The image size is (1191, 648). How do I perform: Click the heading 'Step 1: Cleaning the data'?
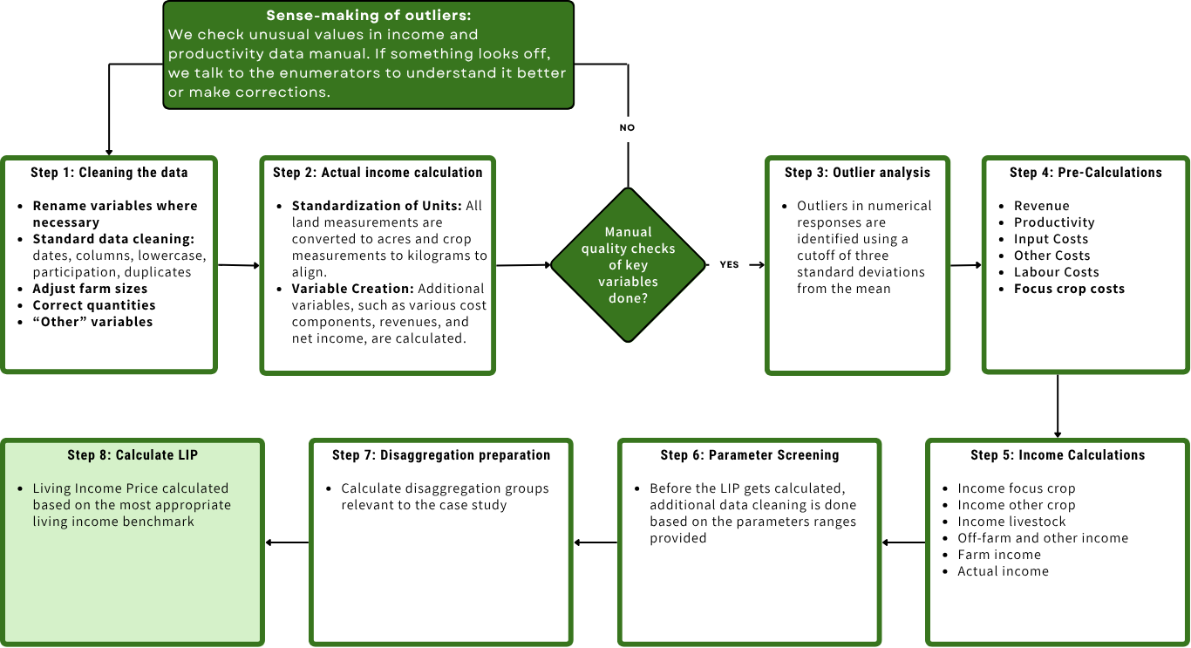tap(109, 173)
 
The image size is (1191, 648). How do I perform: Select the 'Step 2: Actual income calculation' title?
tap(378, 173)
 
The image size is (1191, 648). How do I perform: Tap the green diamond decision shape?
tap(628, 265)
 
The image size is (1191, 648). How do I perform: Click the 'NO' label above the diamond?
tap(628, 127)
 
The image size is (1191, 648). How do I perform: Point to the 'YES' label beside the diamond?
tap(730, 264)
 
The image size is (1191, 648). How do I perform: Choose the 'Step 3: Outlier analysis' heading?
tap(857, 173)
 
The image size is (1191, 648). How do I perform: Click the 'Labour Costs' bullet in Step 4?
tap(1056, 272)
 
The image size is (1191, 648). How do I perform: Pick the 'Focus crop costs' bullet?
tap(1069, 289)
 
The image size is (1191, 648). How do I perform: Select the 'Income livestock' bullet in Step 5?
tap(1011, 522)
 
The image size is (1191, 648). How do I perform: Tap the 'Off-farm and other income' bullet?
tap(1043, 538)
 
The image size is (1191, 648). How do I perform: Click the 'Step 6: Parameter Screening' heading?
tap(750, 455)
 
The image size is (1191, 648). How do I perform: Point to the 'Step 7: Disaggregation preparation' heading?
tap(441, 455)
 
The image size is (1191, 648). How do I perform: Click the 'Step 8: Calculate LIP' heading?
tap(133, 455)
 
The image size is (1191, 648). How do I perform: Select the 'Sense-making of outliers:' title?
tap(368, 17)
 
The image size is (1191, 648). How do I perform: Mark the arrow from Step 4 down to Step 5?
tap(1058, 406)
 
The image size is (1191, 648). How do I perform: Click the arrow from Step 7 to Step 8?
tap(287, 542)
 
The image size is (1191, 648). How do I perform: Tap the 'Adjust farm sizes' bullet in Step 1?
tap(90, 289)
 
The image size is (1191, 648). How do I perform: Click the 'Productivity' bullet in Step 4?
tap(1054, 222)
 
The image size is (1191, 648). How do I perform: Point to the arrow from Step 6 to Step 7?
tap(595, 542)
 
